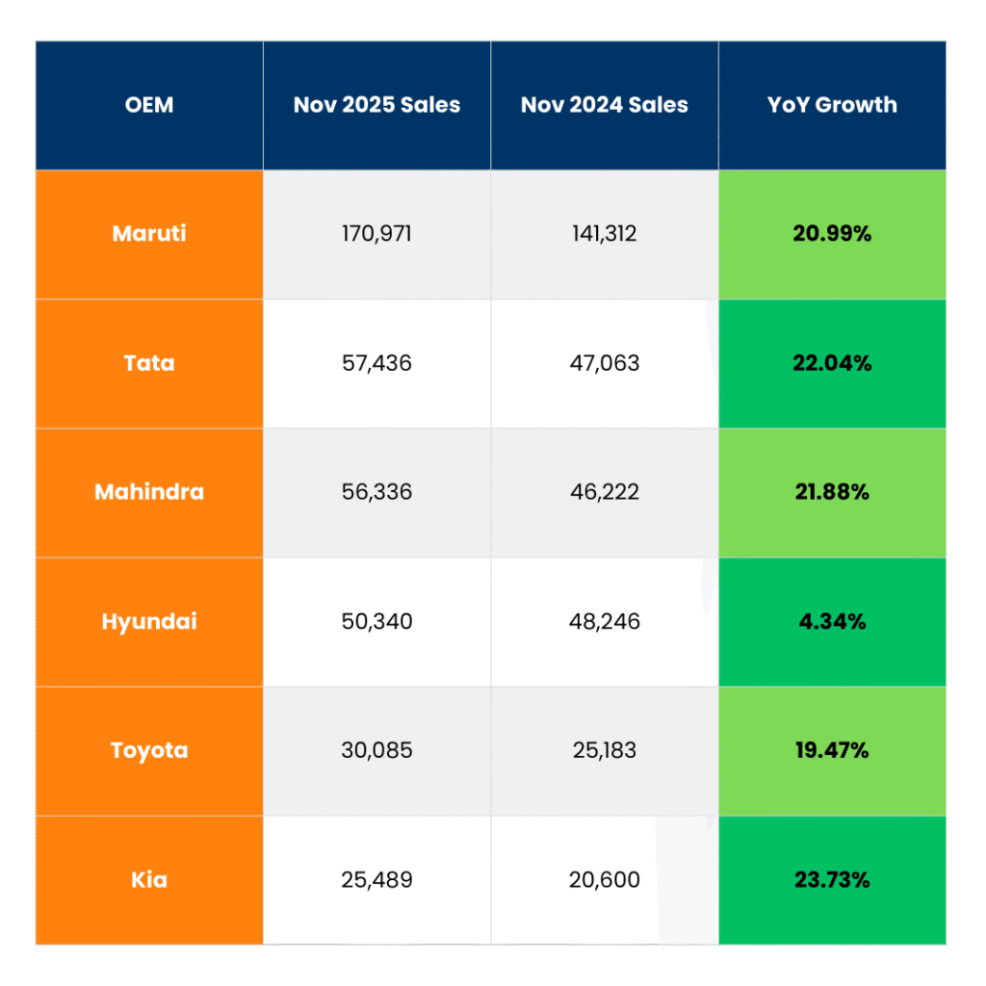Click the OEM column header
pos(149,105)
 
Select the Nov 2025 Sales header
pos(376,105)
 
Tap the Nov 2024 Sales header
pos(605,105)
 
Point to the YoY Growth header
pos(832,105)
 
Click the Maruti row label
pos(149,233)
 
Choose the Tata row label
pos(149,363)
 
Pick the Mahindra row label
pos(149,492)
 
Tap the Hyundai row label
pos(149,621)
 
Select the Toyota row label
pos(149,750)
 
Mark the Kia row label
pos(149,879)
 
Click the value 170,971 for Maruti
pos(376,233)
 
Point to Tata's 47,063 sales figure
pos(605,363)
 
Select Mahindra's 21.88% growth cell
pos(832,492)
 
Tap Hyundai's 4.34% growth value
pos(832,621)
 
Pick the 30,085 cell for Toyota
pos(376,750)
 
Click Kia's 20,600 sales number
pos(605,879)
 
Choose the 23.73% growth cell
pos(832,879)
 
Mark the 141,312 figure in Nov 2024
pos(605,233)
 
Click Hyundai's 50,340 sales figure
pos(376,621)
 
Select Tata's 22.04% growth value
pos(832,363)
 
